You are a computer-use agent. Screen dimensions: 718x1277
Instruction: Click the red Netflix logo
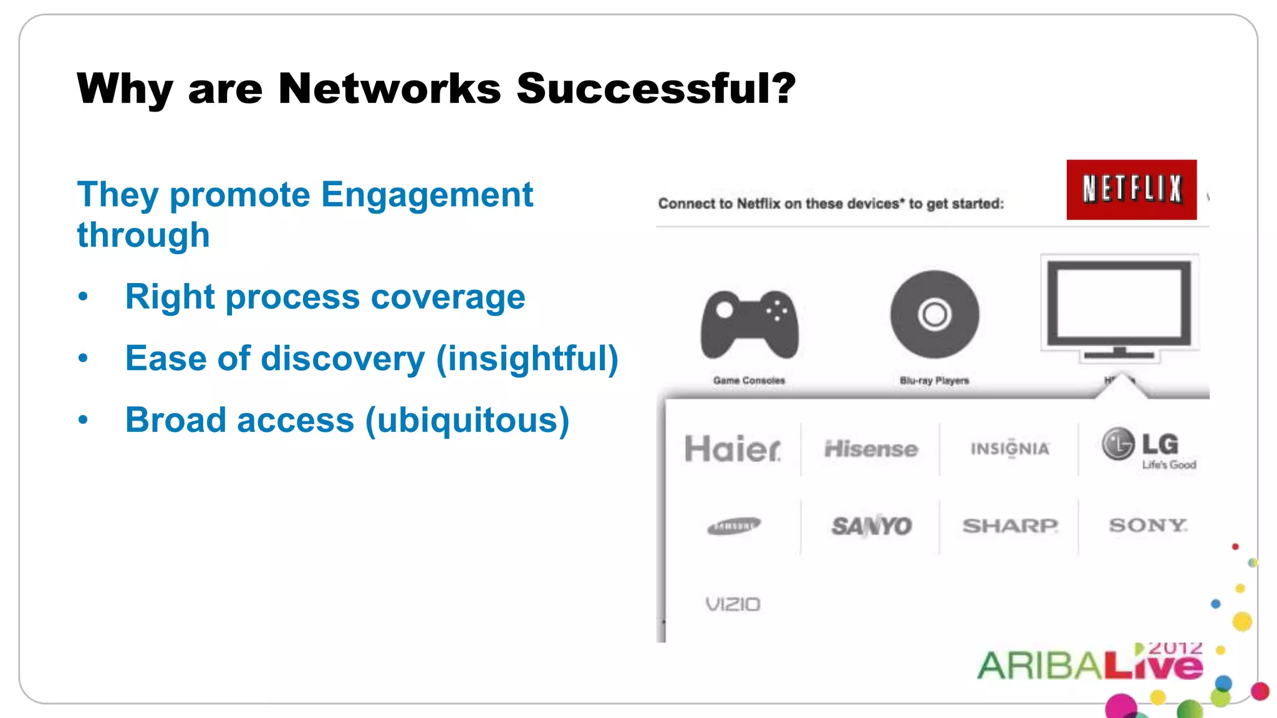[x=1131, y=189]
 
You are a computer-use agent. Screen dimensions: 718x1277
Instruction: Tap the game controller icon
[x=749, y=325]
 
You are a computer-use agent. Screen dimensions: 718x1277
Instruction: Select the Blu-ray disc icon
[x=934, y=314]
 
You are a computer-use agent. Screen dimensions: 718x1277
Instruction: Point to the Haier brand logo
[x=733, y=449]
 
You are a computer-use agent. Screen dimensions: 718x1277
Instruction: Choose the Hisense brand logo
[x=871, y=449]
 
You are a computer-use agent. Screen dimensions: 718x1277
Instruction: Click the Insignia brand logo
[x=1010, y=449]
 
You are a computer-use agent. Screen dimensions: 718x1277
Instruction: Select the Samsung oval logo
[x=734, y=526]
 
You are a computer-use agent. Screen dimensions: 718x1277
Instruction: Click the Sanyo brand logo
[x=871, y=526]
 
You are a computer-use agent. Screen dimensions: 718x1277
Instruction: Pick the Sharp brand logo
[x=1010, y=525]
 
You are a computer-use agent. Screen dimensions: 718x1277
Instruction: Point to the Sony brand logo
[x=1148, y=525]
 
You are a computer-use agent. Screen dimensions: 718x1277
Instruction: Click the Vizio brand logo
[x=733, y=604]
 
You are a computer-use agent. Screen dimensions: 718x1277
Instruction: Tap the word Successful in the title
[x=656, y=88]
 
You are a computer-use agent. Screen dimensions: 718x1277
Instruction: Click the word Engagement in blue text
[x=427, y=194]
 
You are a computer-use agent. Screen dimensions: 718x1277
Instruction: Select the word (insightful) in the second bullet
[x=527, y=358]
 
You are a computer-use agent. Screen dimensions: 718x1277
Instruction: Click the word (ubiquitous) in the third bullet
[x=467, y=420]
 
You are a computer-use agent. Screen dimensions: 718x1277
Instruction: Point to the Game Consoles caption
[x=749, y=380]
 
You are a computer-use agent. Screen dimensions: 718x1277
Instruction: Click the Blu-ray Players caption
[x=934, y=380]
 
